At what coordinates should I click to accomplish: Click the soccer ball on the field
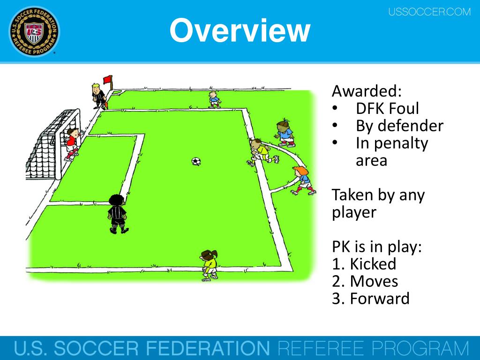(x=196, y=161)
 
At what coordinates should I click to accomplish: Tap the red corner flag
(x=108, y=80)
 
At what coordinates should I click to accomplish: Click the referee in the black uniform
(x=117, y=214)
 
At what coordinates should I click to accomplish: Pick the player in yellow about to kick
(x=259, y=151)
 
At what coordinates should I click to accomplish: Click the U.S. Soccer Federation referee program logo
(x=34, y=32)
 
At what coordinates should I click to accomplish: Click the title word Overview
(x=240, y=31)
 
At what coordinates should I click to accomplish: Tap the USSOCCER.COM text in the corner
(x=429, y=12)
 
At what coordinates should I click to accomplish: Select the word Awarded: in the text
(x=367, y=90)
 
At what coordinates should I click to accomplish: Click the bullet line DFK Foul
(x=387, y=108)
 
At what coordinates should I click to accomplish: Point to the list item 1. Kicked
(x=364, y=264)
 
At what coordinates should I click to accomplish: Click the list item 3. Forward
(x=370, y=299)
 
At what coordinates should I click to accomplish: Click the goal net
(x=45, y=145)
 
